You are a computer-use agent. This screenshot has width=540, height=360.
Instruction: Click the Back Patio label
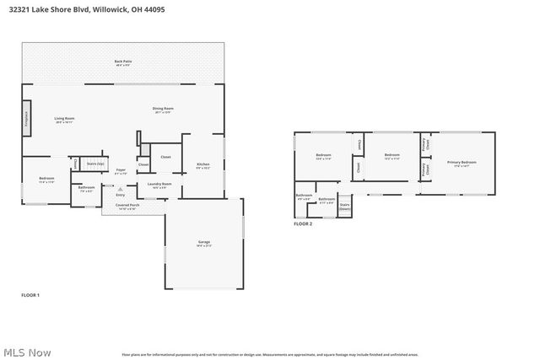click(123, 62)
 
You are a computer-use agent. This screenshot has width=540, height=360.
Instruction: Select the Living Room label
click(65, 120)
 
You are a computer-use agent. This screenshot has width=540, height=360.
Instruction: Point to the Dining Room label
click(163, 110)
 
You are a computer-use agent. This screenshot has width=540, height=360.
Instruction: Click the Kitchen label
click(202, 165)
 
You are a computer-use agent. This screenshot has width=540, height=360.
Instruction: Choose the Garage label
click(204, 244)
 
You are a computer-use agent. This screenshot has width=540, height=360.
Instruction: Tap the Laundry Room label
click(159, 185)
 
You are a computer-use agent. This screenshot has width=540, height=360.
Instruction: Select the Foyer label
click(121, 171)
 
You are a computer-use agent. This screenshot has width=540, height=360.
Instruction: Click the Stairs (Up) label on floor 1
click(96, 164)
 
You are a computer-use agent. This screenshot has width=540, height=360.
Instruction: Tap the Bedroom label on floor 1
click(46, 180)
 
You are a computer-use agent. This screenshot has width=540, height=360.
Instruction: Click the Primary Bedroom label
click(462, 162)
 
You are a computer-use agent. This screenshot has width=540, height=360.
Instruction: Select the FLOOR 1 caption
click(30, 294)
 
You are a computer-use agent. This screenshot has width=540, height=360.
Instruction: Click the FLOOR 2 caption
click(303, 223)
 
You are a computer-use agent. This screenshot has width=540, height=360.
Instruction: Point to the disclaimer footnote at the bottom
click(270, 355)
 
